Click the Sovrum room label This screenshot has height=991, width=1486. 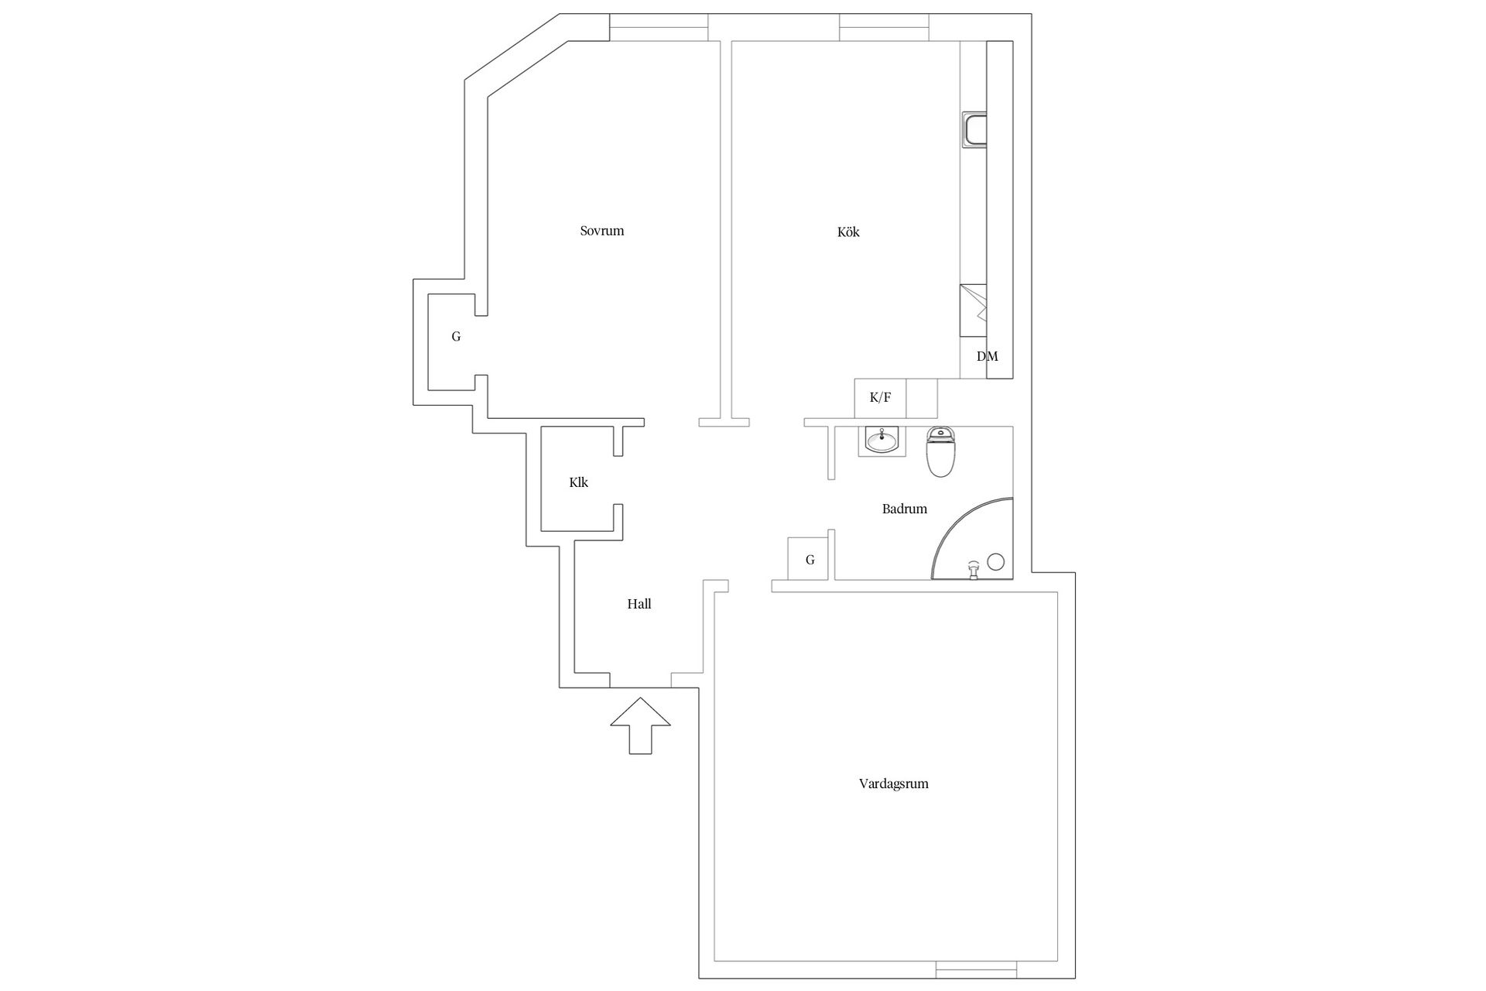[602, 231]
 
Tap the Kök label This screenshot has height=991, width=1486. [848, 232]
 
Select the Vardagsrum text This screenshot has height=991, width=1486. [893, 784]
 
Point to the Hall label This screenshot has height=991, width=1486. [639, 604]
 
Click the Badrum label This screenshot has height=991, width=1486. [904, 509]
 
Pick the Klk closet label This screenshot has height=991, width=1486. [578, 482]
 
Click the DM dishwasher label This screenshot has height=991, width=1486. [987, 356]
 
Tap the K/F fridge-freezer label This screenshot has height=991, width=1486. [880, 398]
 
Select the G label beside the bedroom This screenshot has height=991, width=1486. [456, 337]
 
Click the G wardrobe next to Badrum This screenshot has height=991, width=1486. [810, 559]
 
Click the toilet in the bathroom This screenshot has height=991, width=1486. [941, 452]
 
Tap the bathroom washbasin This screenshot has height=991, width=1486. [882, 441]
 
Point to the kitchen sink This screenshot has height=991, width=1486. [974, 129]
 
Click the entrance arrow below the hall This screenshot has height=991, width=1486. [640, 725]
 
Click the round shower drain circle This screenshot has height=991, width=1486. [996, 562]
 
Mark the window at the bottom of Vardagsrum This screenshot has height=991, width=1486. [976, 969]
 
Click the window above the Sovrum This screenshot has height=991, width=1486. [659, 27]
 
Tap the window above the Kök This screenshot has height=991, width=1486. [884, 27]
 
